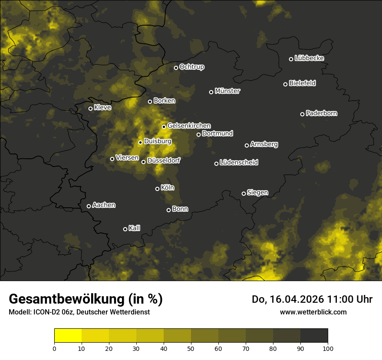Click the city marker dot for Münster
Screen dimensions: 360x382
211,92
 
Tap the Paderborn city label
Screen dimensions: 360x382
321,113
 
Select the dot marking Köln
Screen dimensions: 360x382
157,189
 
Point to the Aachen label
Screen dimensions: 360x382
104,205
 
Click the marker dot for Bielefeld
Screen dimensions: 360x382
286,84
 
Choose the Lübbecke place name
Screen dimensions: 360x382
309,58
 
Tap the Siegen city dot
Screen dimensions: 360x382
244,193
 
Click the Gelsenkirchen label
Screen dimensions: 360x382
189,126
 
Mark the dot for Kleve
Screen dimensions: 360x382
91,108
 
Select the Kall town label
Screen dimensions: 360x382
134,228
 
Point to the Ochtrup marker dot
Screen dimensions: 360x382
176,68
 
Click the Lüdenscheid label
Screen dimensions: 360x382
239,163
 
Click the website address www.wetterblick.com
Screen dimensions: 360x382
313,312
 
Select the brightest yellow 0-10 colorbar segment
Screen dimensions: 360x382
68,336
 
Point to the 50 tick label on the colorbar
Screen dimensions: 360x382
191,348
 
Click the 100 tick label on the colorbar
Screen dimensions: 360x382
328,348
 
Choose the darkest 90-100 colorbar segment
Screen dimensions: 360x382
314,336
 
